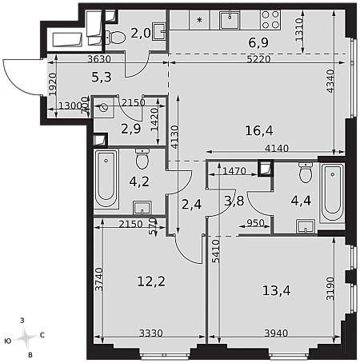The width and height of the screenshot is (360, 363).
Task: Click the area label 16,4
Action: [259, 130]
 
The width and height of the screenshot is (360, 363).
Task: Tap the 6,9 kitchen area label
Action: [258, 42]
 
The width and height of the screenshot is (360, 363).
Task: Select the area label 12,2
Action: [151, 281]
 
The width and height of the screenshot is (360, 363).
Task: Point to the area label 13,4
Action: [276, 290]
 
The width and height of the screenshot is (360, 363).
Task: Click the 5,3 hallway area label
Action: [102, 78]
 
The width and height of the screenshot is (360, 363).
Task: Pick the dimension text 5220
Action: [258, 59]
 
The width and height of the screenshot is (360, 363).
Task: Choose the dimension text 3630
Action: [99, 59]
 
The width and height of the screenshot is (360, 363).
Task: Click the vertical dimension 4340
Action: [330, 81]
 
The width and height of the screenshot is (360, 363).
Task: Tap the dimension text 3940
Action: [276, 333]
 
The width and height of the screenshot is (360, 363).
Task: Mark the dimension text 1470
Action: [234, 171]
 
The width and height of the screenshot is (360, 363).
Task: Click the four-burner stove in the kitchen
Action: [270, 19]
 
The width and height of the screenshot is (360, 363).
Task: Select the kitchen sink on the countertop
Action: [230, 19]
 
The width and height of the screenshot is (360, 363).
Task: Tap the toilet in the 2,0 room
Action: [115, 37]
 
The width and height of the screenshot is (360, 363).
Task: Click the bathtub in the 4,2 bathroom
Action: [106, 178]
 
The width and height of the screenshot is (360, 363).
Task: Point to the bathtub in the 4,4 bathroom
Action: [332, 193]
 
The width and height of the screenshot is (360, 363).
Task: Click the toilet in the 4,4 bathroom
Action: [306, 172]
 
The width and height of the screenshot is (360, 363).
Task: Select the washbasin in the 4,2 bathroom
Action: [142, 208]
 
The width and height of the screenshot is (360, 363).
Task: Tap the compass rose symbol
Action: [25, 338]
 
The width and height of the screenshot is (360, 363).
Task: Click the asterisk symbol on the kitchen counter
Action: [199, 19]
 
